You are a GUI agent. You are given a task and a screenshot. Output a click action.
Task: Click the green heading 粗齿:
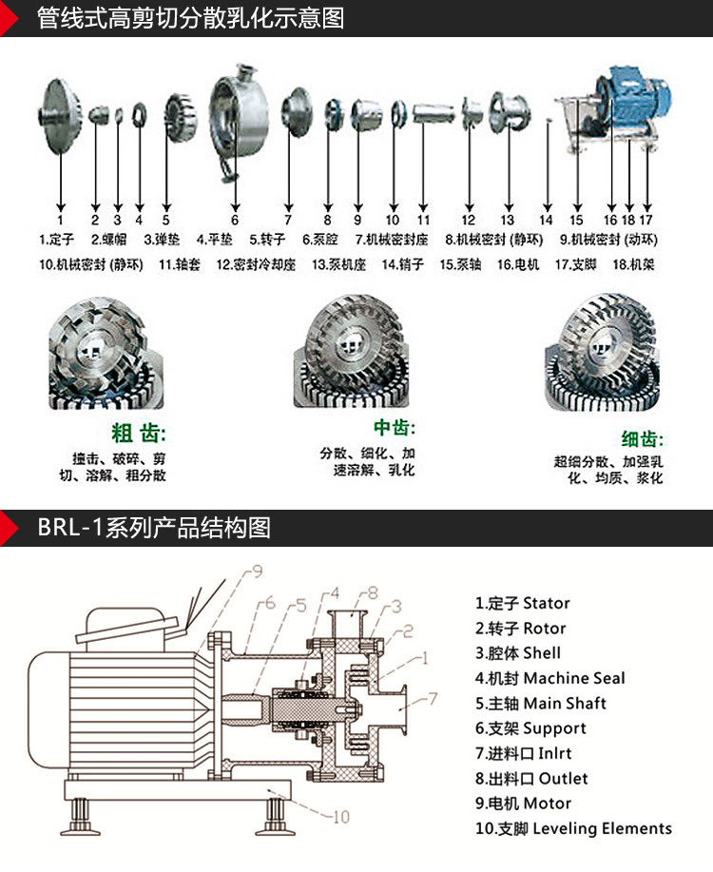point(139,435)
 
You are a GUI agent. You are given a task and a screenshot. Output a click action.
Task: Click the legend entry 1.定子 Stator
point(523,603)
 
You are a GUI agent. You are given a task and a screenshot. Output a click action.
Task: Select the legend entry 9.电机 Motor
point(524,803)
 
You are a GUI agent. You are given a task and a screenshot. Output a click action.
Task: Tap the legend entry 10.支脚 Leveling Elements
point(573,828)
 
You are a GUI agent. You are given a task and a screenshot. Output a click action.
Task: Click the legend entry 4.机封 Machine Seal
point(550,678)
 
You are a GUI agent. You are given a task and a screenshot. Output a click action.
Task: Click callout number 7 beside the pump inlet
point(432,699)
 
